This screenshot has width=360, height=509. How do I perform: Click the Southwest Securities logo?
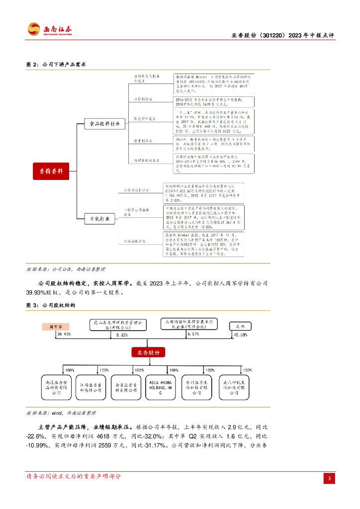(x=50, y=29)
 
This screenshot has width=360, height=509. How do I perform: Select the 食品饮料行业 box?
(x=104, y=124)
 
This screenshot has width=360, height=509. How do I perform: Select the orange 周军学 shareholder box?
(x=55, y=327)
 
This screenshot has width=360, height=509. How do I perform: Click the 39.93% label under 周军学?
(x=64, y=335)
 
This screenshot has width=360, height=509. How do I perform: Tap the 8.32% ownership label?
(x=122, y=336)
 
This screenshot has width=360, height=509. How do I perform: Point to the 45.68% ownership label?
(x=241, y=336)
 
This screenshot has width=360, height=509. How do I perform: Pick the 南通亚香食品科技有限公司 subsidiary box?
(x=56, y=387)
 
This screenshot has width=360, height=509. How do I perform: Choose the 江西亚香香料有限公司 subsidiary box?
(x=90, y=387)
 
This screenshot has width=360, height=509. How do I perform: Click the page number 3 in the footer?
(x=329, y=478)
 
